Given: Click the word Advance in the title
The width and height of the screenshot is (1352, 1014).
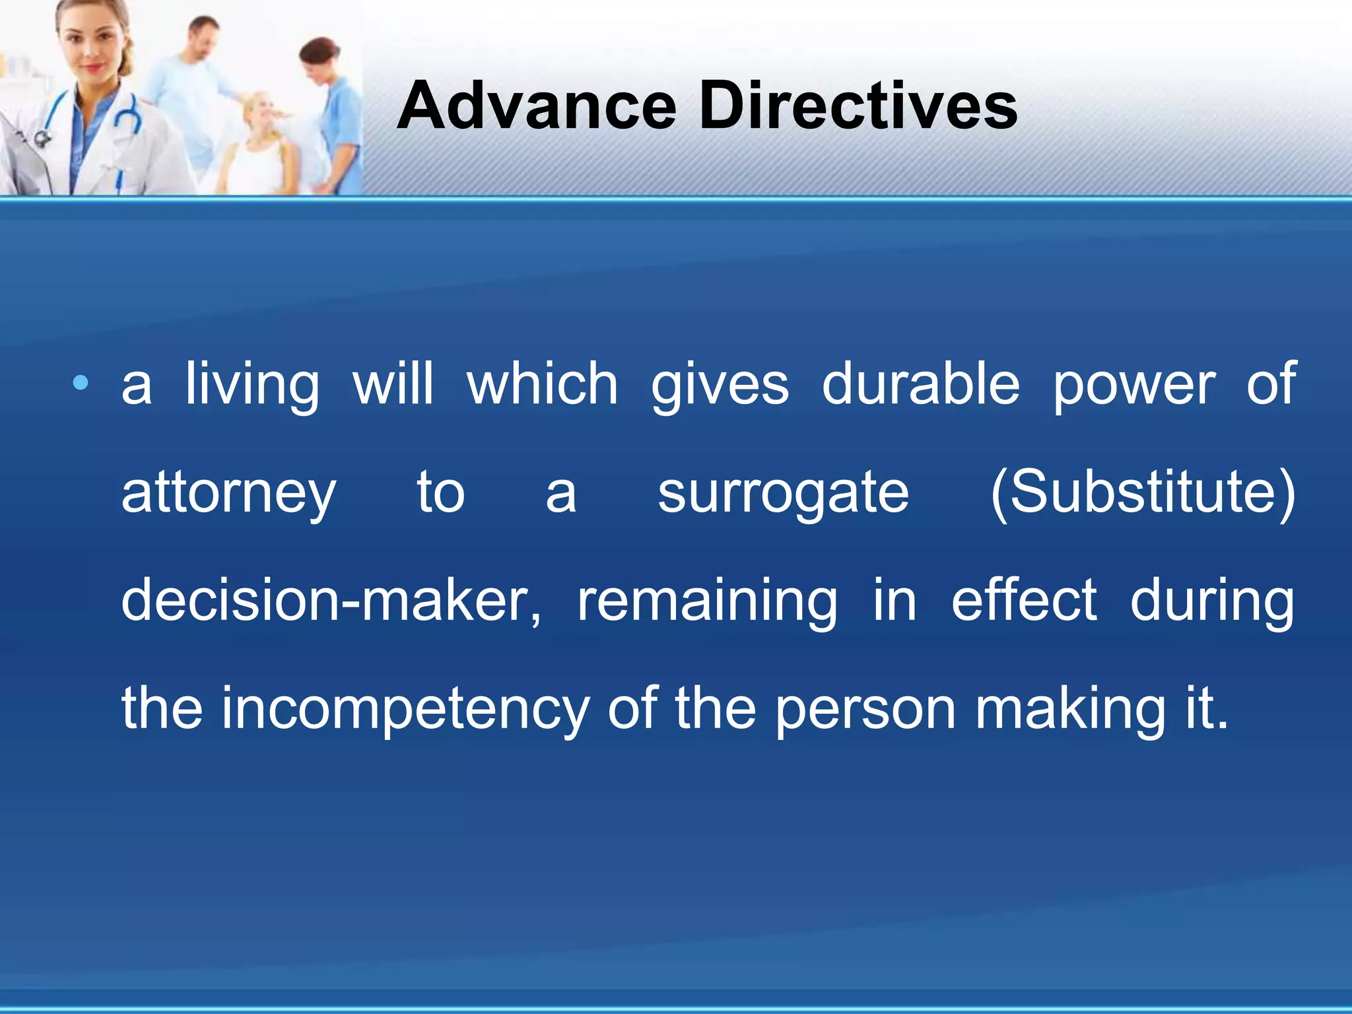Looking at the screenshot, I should tap(537, 106).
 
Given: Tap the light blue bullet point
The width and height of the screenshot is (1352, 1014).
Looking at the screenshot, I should tap(81, 383).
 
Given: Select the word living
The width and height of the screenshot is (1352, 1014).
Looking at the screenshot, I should tap(252, 385).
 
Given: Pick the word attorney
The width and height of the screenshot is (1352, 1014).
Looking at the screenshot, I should tap(228, 494).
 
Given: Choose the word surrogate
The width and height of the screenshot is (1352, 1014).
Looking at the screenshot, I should tap(783, 494).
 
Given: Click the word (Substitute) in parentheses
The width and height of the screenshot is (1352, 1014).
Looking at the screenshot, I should tap(1143, 492).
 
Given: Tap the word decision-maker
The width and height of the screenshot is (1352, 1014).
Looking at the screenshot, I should tap(331, 601).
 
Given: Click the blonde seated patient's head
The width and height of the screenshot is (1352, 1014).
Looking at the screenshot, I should tap(262, 112).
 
